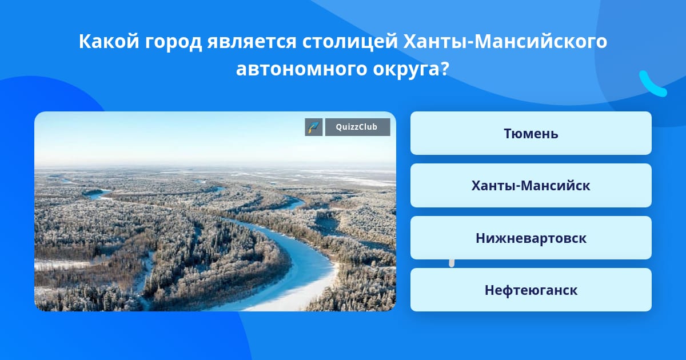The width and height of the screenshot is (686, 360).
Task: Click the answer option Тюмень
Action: [531, 133]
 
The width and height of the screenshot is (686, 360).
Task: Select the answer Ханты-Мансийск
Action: [531, 186]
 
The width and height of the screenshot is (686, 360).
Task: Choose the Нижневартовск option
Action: [531, 238]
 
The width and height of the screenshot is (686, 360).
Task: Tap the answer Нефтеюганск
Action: [531, 290]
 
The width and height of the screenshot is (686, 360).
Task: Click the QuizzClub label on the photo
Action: [357, 127]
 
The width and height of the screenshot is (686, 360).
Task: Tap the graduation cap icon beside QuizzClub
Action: [314, 127]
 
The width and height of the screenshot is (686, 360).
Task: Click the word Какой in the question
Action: [109, 41]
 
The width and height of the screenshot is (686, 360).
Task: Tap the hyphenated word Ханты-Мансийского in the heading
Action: [505, 41]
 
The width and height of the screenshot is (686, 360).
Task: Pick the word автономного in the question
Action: [301, 69]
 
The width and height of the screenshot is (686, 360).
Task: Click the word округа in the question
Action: [405, 70]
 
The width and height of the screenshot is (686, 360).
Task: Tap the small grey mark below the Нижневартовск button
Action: [452, 263]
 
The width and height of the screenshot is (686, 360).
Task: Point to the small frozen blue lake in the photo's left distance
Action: [97, 193]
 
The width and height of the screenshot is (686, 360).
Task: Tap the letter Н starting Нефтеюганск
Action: [490, 290]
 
